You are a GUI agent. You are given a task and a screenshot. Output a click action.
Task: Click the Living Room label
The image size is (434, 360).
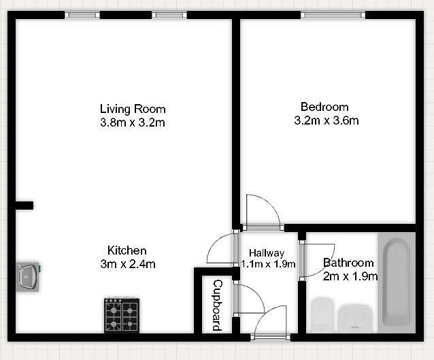[133, 109]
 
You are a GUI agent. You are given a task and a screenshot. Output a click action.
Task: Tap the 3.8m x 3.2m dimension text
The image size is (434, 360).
[133, 123]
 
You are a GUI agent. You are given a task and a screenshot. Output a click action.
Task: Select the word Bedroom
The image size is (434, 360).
[324, 107]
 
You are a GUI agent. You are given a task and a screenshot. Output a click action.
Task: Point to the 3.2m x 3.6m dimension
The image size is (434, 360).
[326, 121]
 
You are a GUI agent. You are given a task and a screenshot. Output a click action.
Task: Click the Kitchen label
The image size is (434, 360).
[127, 250]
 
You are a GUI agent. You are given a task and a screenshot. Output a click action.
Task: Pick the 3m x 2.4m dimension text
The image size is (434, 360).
[127, 264]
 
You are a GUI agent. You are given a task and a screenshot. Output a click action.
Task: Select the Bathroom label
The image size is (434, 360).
[348, 263]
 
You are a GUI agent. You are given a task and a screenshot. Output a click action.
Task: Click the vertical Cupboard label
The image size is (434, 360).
[218, 305]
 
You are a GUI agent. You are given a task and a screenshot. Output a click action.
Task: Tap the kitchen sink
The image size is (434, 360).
[29, 276]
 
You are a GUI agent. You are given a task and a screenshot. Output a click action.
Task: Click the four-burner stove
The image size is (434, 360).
[122, 316]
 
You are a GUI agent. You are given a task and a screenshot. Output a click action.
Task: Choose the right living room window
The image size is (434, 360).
[169, 15]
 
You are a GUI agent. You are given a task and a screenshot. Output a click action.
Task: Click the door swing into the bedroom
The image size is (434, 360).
[261, 212]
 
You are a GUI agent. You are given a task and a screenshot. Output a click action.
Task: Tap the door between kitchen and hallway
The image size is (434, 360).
[221, 250]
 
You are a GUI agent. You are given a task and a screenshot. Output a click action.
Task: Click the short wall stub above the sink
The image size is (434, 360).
[24, 205]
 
